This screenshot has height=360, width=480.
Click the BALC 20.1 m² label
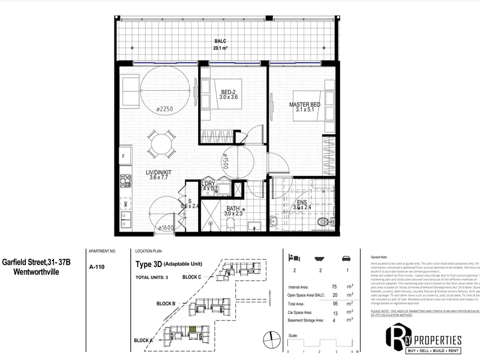pos(220,45)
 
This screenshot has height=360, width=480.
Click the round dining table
pos(161,144)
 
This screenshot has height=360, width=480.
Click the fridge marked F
pos(124,157)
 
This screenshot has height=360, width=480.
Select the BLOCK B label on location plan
pos(166,304)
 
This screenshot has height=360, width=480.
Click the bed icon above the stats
pos(294,257)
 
